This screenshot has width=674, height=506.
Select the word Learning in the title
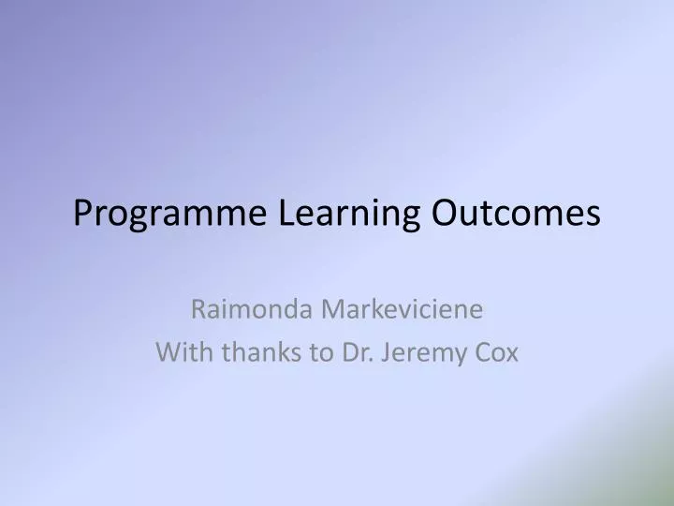[347, 215]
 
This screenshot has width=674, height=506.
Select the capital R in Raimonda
[198, 308]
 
